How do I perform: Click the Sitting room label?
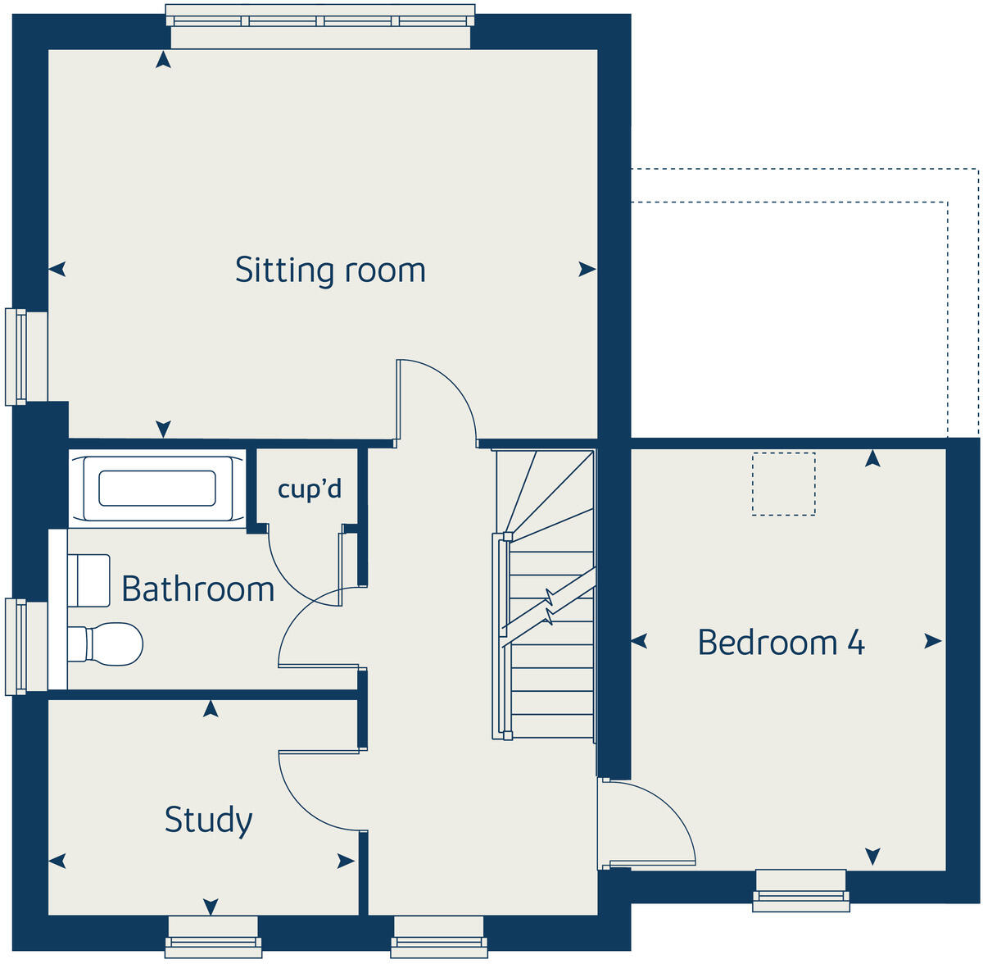[330, 271]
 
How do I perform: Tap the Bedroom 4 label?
[781, 643]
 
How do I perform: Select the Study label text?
[208, 820]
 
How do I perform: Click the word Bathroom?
[197, 589]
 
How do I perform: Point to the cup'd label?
[309, 489]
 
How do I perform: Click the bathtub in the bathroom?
[157, 488]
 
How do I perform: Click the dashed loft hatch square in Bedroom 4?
[783, 484]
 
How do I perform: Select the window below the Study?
[212, 936]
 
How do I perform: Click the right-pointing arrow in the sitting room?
[587, 270]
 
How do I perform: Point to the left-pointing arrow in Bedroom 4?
[640, 642]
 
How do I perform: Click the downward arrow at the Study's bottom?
[211, 906]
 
